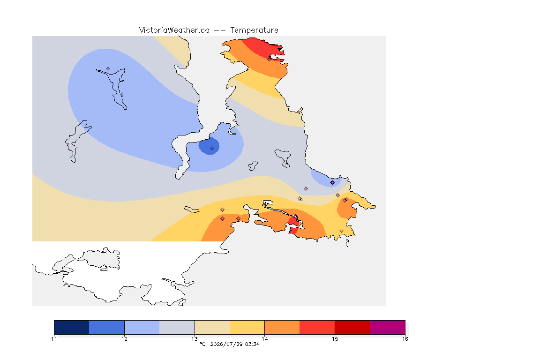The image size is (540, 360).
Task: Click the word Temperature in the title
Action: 254,30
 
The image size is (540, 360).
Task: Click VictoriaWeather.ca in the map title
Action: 174,30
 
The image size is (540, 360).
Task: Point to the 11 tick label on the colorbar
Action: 54,339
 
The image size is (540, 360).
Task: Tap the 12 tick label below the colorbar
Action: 124,339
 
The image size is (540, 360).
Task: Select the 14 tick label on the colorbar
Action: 264,339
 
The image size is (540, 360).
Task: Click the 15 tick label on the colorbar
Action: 335,339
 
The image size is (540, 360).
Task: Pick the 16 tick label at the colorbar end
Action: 405,339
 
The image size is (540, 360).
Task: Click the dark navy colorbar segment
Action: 72,327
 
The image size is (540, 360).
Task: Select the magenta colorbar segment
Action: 388,327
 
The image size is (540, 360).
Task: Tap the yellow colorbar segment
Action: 247,327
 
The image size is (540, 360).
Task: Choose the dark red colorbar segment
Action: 352,327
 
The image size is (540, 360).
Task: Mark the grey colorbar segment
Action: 177,327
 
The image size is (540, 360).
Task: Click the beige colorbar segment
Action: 212,327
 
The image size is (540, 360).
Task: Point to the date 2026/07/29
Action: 226,344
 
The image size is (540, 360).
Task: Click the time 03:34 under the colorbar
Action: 252,344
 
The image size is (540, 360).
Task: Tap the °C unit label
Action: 202,344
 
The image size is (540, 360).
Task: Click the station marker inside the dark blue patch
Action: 212,149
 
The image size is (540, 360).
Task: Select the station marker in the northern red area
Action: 270,59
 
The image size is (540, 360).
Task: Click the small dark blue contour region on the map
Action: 209,146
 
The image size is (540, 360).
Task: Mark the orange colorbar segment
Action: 282,327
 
